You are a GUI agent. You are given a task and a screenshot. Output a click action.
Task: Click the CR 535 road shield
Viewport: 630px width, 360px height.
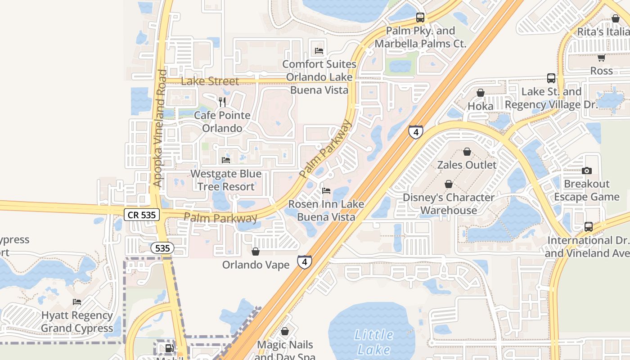142,215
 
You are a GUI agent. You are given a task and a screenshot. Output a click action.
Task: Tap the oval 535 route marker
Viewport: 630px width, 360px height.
162,248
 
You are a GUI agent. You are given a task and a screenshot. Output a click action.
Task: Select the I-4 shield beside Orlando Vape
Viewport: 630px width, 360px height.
305,261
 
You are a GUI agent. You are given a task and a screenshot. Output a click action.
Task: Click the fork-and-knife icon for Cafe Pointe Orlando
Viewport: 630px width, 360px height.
222,102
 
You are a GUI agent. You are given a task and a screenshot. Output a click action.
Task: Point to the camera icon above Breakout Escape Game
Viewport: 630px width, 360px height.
586,171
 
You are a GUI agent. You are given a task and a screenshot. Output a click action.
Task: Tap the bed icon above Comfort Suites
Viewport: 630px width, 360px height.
319,51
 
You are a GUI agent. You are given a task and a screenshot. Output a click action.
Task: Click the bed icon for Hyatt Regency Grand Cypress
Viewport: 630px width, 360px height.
77,302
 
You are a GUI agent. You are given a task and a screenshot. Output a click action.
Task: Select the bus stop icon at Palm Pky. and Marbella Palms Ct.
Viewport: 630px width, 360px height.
420,18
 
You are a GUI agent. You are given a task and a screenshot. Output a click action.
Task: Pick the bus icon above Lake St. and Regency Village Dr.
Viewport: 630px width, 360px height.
551,78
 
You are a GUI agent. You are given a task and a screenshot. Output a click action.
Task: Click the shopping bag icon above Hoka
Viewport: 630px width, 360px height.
480,93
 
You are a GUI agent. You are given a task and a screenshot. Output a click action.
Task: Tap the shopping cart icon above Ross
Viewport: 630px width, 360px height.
601,58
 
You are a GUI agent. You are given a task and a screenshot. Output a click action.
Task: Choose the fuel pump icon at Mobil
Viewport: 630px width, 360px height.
169,348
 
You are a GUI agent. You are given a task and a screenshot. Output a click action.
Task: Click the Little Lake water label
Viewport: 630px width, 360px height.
374,342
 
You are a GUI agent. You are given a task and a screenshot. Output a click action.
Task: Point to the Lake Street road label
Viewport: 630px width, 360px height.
210,81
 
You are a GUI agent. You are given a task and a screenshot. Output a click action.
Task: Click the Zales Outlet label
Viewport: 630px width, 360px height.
467,165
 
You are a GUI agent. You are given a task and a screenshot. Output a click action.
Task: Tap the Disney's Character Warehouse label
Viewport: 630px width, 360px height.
448,204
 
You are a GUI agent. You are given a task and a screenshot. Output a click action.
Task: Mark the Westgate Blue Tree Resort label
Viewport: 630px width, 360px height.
225,180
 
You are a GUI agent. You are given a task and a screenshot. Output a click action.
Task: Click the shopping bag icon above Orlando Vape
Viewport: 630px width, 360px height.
255,252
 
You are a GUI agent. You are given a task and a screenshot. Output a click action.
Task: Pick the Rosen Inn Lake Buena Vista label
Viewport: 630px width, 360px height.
326,211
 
